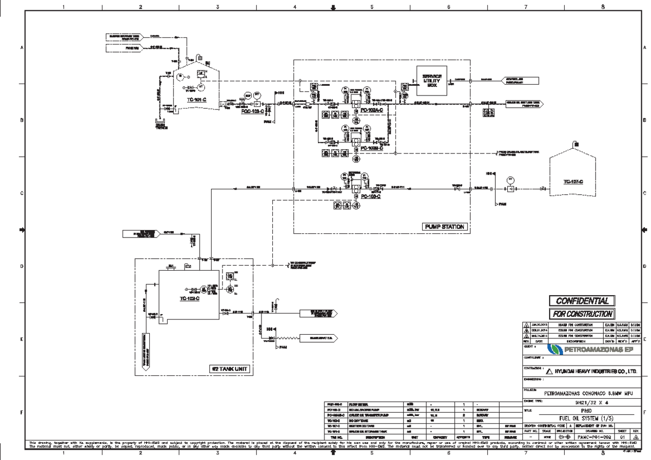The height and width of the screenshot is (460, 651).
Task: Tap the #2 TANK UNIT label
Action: click(231, 369)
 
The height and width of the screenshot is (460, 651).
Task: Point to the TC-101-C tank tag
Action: click(189, 100)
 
